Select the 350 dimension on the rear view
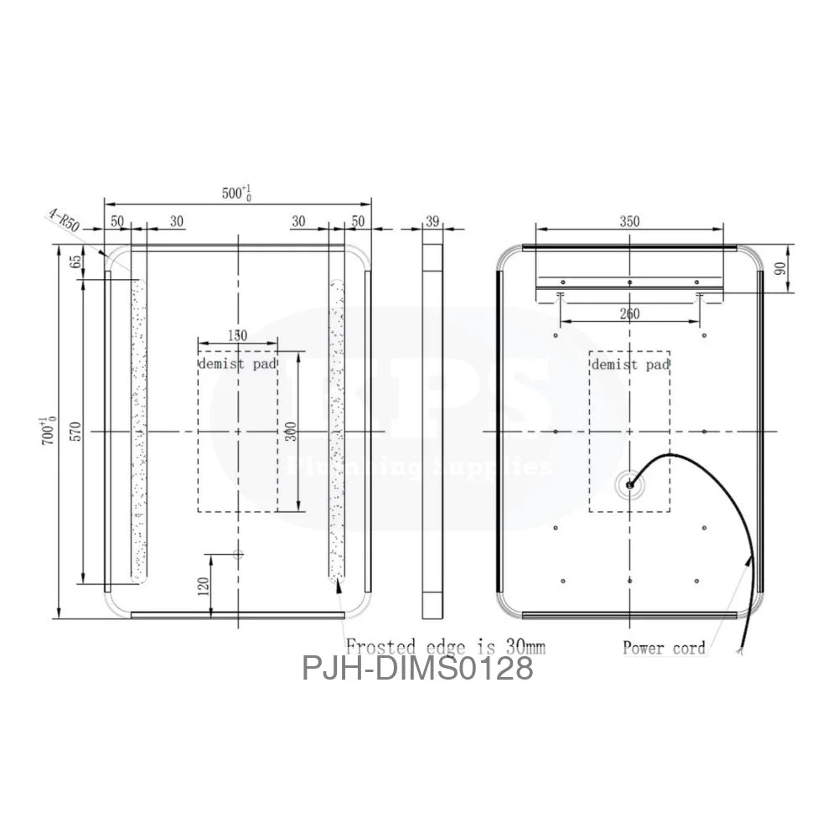pyautogui.click(x=629, y=221)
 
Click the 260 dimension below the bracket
pyautogui.click(x=629, y=314)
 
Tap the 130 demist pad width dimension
pyautogui.click(x=237, y=334)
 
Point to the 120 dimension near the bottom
pyautogui.click(x=202, y=585)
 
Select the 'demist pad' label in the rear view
pyautogui.click(x=630, y=365)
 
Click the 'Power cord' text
pyautogui.click(x=664, y=647)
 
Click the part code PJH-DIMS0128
pyautogui.click(x=417, y=669)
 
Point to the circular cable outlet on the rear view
pyautogui.click(x=629, y=484)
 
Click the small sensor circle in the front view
pyautogui.click(x=237, y=554)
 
